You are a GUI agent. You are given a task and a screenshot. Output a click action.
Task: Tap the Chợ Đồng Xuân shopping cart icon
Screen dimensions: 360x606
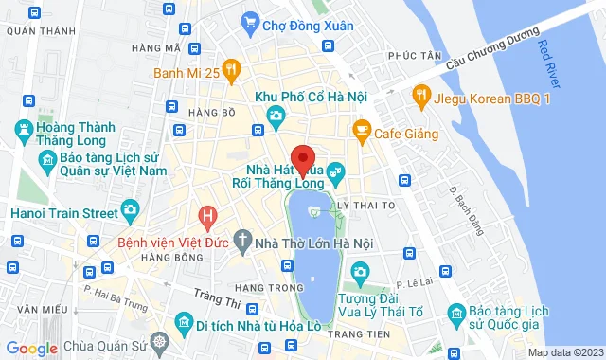[x=250, y=20]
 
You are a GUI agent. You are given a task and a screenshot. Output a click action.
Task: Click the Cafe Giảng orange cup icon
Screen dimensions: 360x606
[x=361, y=129]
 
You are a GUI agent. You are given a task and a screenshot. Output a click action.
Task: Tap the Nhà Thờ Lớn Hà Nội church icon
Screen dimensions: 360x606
[x=242, y=243]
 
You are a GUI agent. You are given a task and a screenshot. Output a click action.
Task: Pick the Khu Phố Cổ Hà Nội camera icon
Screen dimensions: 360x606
[x=275, y=117]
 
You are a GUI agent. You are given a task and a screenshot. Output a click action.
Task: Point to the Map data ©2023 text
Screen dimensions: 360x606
[x=564, y=352]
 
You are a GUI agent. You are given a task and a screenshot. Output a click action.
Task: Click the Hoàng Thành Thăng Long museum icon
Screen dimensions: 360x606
[x=21, y=127]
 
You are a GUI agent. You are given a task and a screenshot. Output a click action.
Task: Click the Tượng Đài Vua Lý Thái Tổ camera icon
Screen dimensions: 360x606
[x=360, y=274]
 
